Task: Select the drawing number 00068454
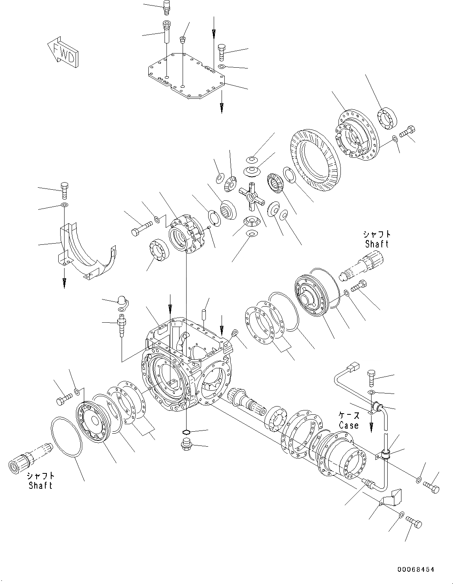click(416, 569)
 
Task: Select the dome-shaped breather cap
click(120, 301)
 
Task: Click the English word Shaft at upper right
click(377, 244)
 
